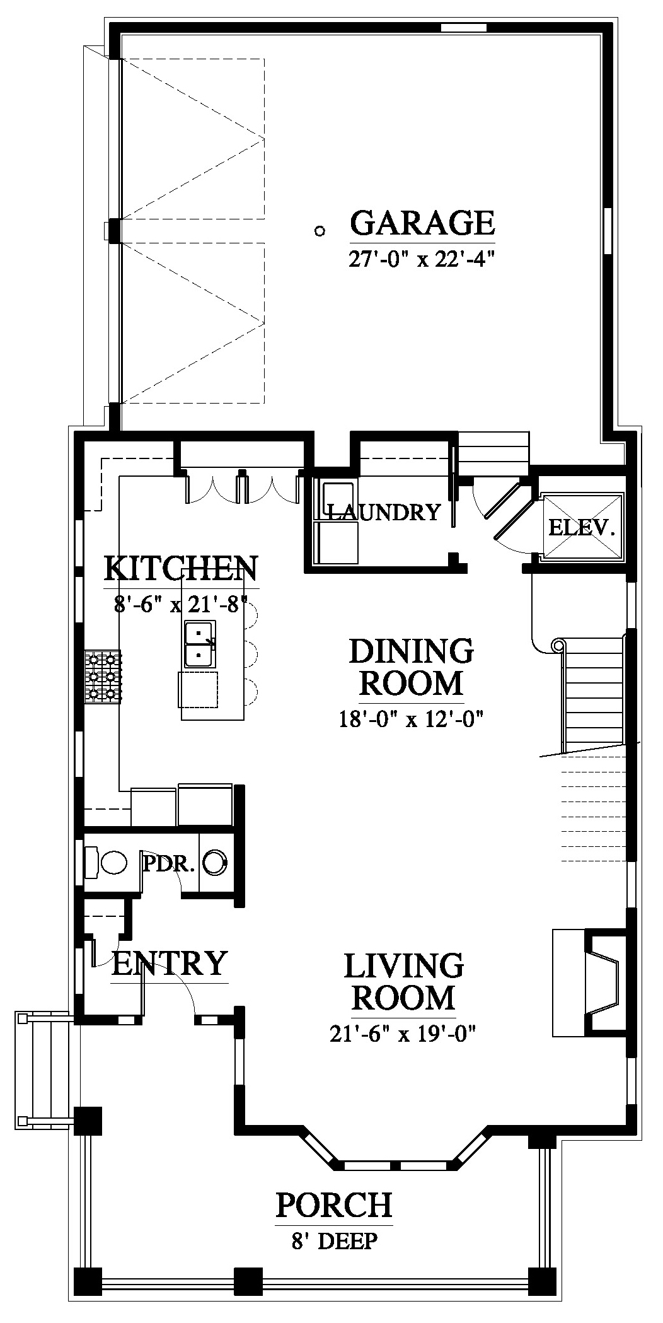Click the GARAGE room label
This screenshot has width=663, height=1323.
[422, 223]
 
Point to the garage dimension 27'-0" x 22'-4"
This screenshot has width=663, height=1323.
[419, 259]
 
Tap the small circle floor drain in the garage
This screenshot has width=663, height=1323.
[320, 231]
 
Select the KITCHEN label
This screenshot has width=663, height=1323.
[180, 568]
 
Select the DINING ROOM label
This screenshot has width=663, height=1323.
[411, 667]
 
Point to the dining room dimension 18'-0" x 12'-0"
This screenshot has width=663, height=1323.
[411, 719]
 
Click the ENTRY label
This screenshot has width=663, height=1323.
[169, 963]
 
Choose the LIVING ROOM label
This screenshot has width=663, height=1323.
[403, 982]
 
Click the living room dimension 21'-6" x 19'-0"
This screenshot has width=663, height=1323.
[402, 1034]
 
